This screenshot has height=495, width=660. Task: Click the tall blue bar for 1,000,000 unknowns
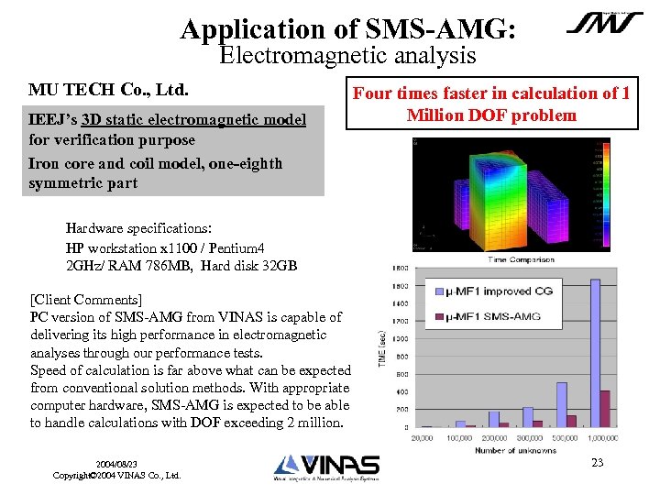(x=595, y=353)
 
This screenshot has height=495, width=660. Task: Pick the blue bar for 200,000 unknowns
(x=492, y=416)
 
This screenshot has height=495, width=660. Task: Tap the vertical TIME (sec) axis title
(x=383, y=347)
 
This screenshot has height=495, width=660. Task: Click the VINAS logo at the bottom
(x=325, y=467)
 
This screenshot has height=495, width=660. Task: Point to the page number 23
(x=597, y=463)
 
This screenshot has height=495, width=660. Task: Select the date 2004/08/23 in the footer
(x=116, y=465)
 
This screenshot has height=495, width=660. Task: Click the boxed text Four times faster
(x=491, y=104)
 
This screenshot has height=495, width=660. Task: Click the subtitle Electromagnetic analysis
(x=348, y=56)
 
